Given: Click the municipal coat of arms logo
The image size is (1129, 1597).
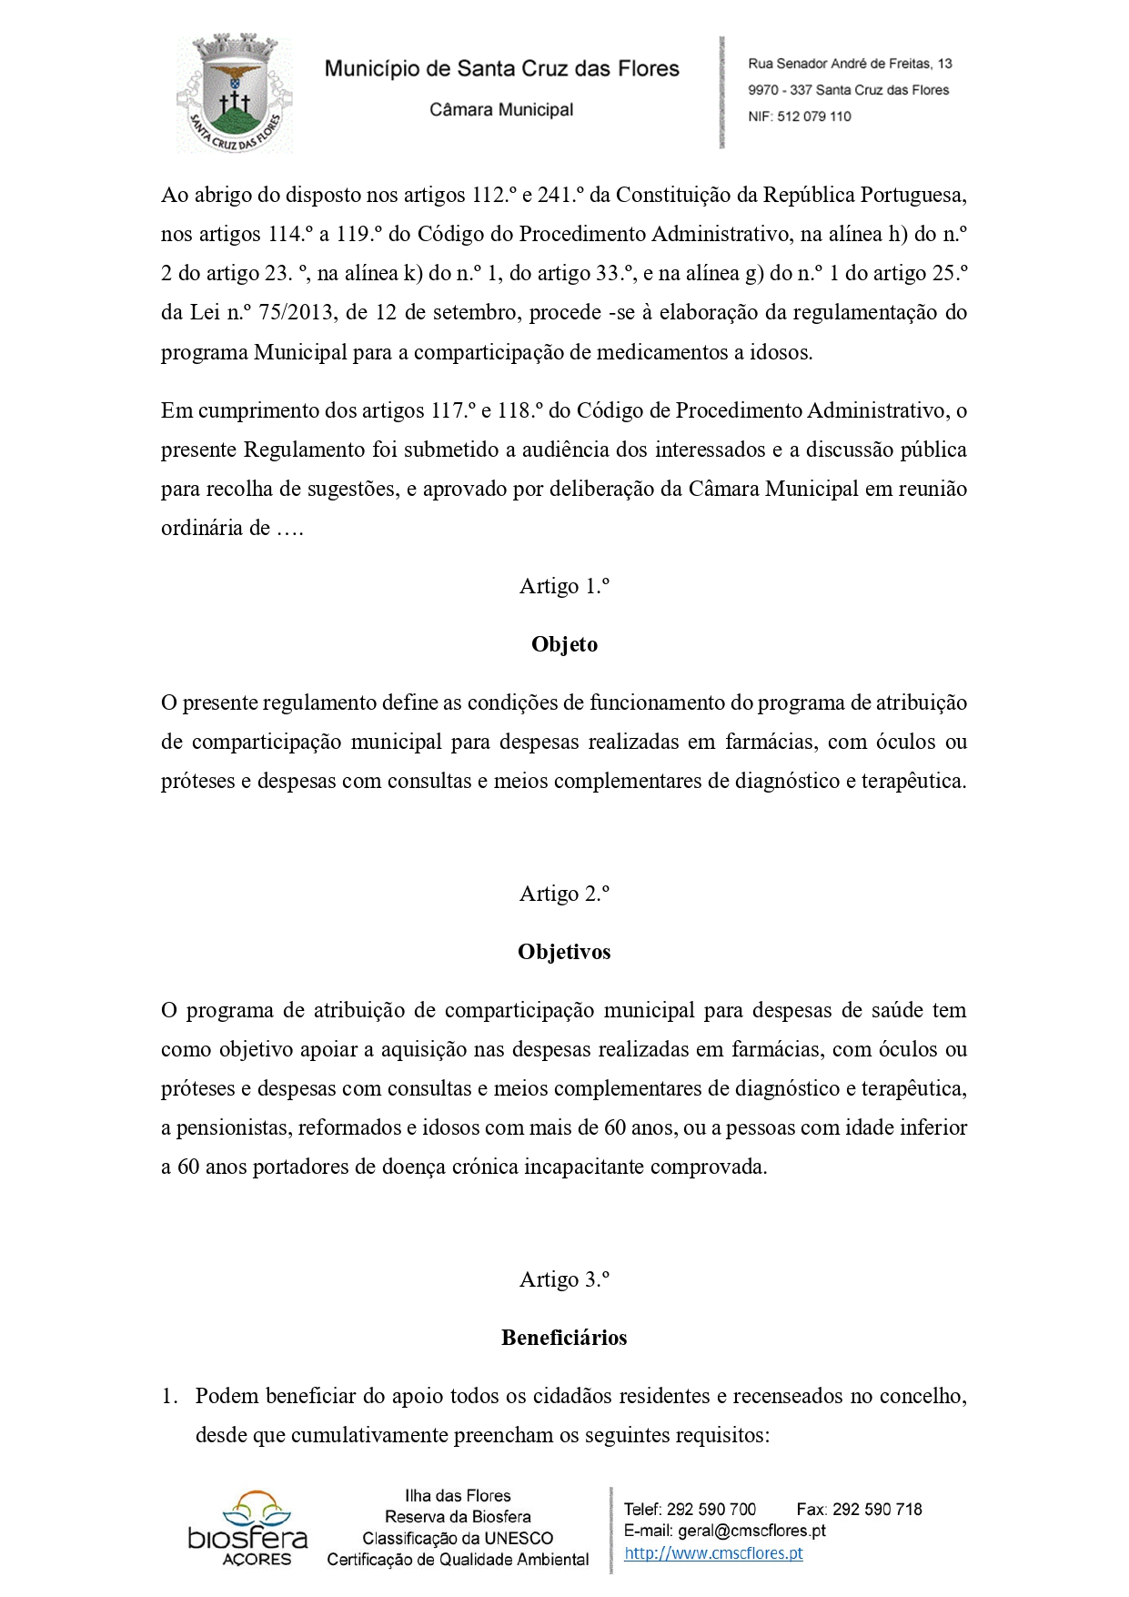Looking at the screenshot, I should pos(235,93).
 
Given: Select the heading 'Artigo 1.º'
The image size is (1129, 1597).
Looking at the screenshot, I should pos(564,586).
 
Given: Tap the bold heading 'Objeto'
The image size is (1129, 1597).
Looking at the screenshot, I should pos(564,644).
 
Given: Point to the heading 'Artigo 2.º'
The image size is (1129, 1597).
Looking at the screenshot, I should pos(564,894).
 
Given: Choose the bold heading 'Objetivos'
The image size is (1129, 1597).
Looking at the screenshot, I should pos(564,952).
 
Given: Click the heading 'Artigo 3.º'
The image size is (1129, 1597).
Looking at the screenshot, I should pos(564,1279).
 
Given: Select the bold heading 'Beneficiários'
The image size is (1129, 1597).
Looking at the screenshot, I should pos(564,1338).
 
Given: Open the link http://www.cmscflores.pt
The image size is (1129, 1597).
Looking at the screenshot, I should pos(713,1553).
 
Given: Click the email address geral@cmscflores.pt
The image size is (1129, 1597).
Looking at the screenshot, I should pos(751,1531).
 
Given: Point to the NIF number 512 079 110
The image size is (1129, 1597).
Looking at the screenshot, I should pos(814,116).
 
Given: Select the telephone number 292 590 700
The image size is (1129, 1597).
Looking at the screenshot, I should pos(711,1509).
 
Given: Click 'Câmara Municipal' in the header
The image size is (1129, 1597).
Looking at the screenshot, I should pos(501,110).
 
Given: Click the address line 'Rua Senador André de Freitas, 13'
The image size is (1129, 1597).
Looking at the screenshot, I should pos(850,64).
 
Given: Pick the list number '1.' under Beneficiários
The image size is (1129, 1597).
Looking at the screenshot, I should pos(170,1396).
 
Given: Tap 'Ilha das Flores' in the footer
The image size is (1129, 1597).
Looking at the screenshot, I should pos(458,1495).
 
